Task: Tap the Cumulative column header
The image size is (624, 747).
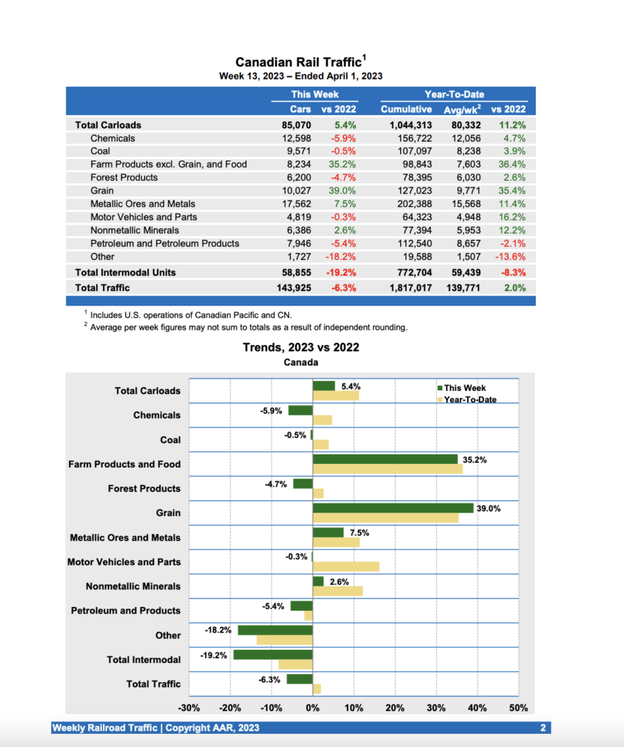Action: [x=406, y=109]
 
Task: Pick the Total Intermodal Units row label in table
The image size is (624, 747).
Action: [x=125, y=272]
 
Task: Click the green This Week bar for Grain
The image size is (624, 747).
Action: [x=393, y=508]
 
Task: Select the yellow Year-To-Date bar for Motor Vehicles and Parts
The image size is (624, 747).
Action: [x=346, y=567]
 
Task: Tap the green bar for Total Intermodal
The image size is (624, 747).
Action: [x=273, y=654]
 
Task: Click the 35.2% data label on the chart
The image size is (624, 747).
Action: [x=475, y=460]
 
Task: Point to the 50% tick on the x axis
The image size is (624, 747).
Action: [x=518, y=708]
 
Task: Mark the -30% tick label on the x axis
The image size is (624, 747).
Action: [x=190, y=708]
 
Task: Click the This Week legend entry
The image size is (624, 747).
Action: [x=464, y=388]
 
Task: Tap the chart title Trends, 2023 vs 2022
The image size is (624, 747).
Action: [x=300, y=347]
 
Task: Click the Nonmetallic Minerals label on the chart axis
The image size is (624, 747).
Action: [x=133, y=587]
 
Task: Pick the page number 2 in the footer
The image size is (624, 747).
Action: [x=543, y=728]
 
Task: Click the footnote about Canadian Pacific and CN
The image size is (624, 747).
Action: [x=191, y=314]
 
